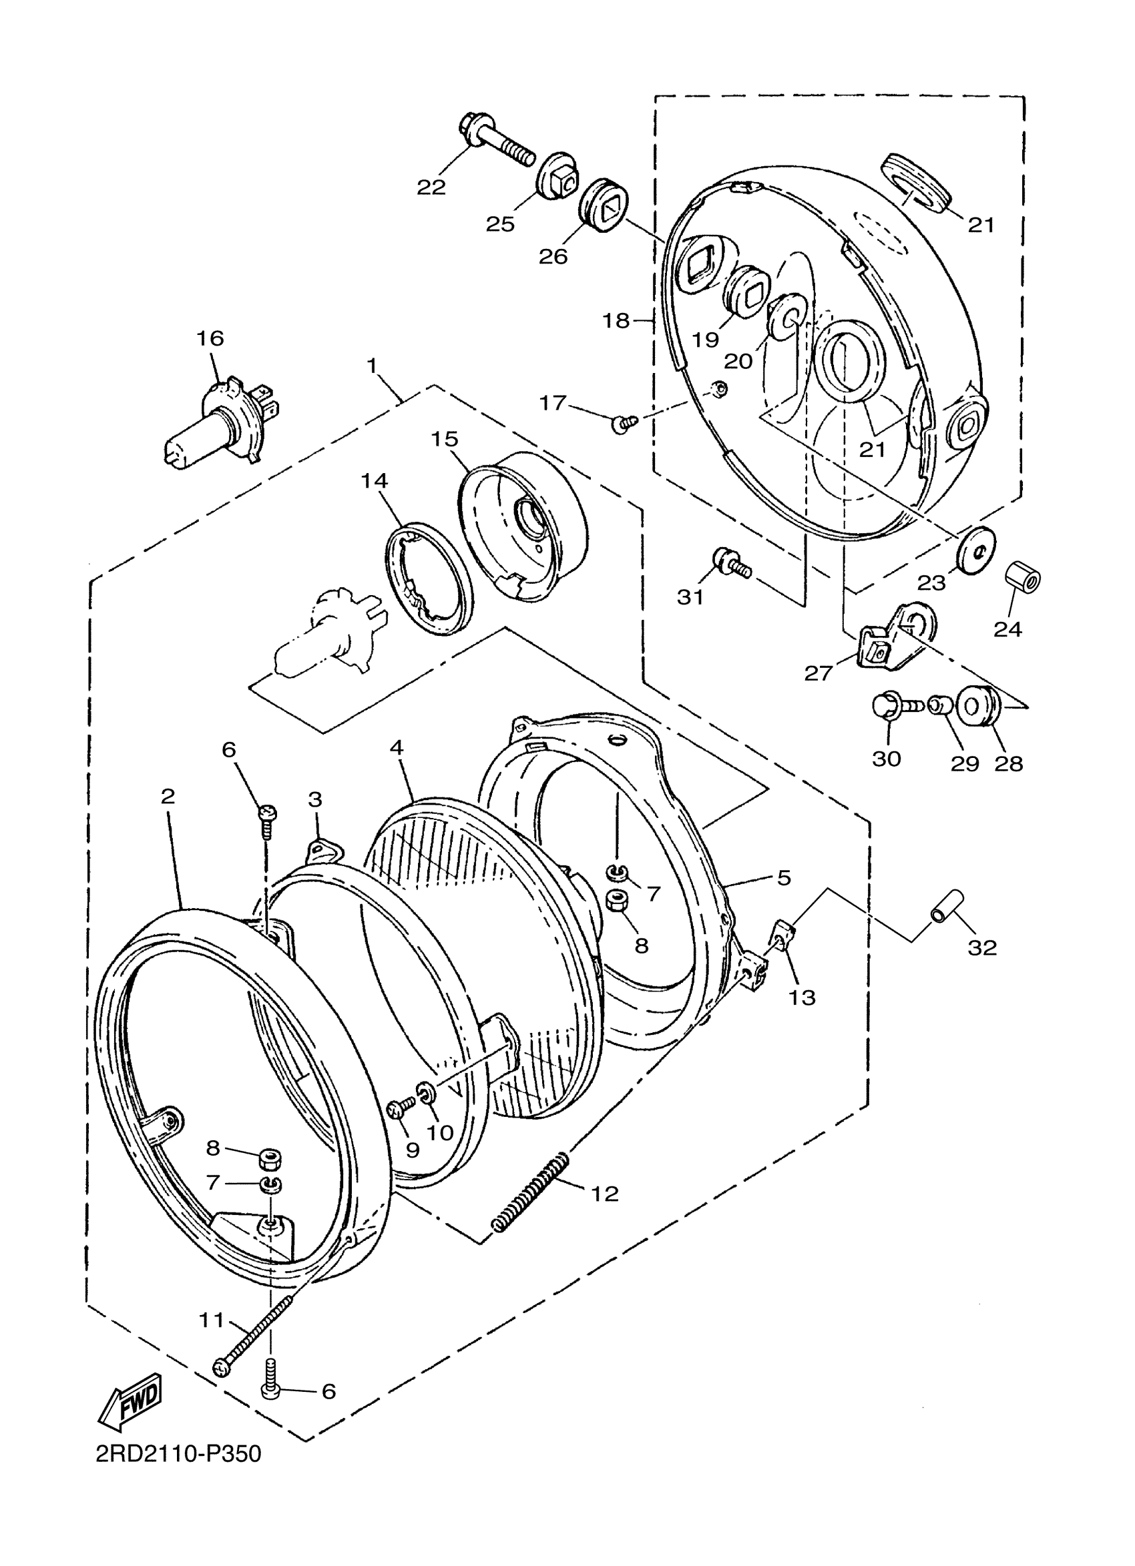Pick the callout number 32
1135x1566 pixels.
pyautogui.click(x=982, y=947)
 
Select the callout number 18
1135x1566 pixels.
pyautogui.click(x=616, y=320)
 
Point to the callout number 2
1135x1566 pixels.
pyautogui.click(x=167, y=796)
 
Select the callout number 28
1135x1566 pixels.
pyautogui.click(x=1008, y=764)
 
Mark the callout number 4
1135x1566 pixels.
pyautogui.click(x=396, y=747)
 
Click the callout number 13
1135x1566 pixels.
pyautogui.click(x=802, y=997)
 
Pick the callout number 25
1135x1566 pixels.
pyautogui.click(x=500, y=224)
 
